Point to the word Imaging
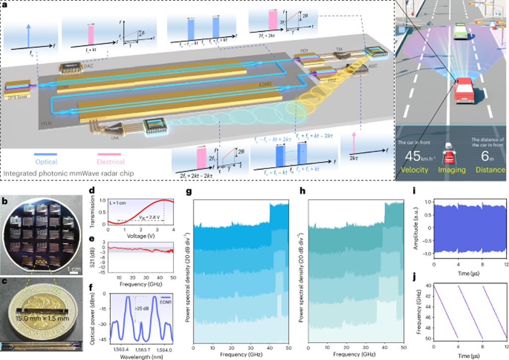(x=452, y=170)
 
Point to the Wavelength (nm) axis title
(x=141, y=356)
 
